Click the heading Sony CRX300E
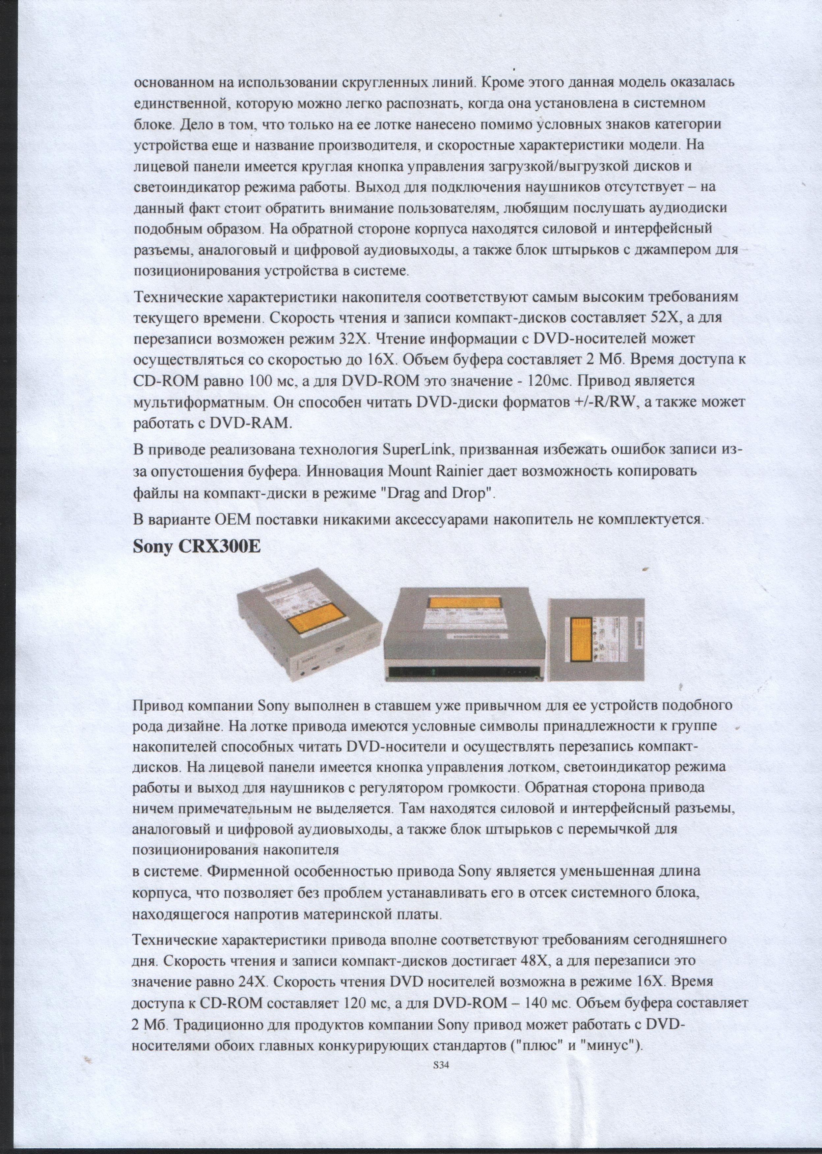coord(196,547)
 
